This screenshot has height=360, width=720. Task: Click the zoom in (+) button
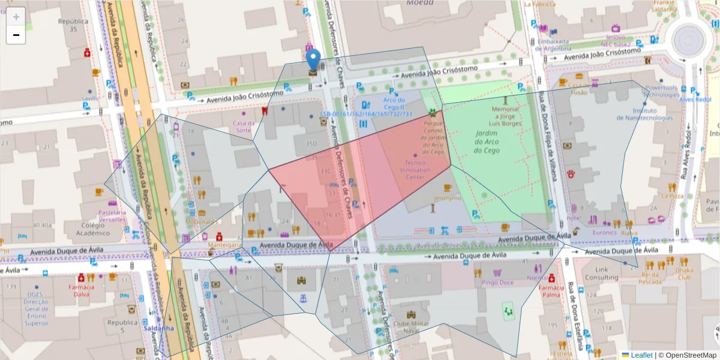pos(16,16)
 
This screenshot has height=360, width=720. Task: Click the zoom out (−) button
pos(16,35)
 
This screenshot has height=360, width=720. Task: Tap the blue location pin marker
pos(313,61)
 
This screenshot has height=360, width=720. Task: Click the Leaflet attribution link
pos(641,355)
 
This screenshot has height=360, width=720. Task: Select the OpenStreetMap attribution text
pos(688,355)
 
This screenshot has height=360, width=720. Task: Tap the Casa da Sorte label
pos(244,127)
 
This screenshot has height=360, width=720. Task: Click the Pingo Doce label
pos(497,282)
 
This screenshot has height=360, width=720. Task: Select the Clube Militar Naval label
pos(412,327)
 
